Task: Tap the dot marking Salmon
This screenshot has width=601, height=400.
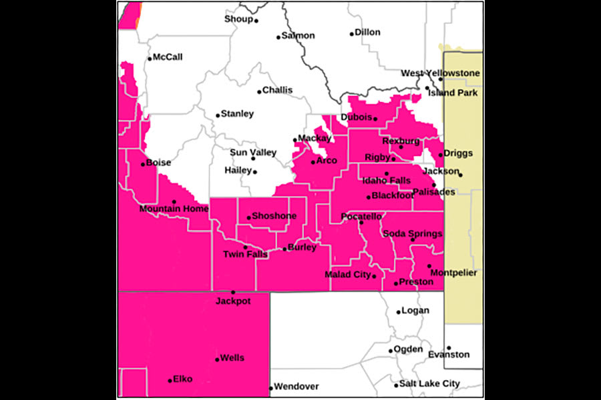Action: (279, 37)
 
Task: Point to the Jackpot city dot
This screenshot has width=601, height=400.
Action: (233, 292)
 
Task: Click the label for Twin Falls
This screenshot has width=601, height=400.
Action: (245, 254)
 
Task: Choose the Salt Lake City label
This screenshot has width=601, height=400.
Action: (429, 384)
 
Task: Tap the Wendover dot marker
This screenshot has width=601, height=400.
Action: (271, 387)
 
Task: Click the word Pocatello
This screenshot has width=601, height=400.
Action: (361, 217)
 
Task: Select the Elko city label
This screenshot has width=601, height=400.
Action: (182, 379)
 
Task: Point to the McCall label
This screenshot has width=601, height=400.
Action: (168, 57)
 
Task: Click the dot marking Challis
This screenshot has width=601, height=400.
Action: (260, 92)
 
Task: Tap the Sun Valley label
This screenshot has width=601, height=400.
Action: (253, 153)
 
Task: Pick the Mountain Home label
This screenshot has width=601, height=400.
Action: (174, 209)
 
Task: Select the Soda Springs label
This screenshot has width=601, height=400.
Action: (412, 233)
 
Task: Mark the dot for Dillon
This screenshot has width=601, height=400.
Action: (352, 33)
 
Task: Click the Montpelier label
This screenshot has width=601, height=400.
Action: (453, 273)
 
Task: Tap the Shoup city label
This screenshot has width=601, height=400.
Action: (238, 19)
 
